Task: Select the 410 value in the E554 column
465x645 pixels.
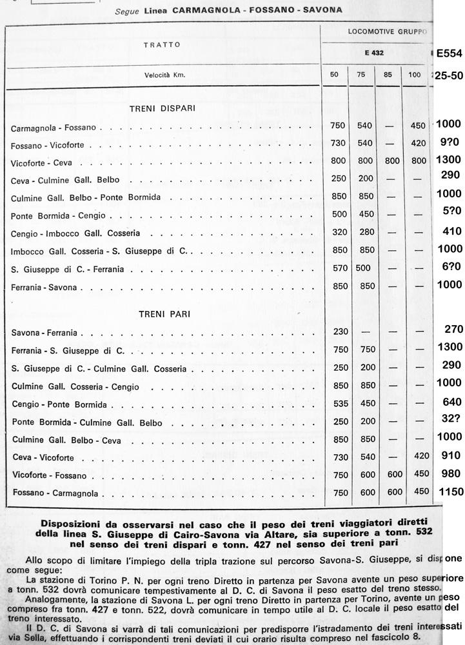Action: click(x=449, y=231)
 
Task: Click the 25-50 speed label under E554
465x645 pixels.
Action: click(x=446, y=75)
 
